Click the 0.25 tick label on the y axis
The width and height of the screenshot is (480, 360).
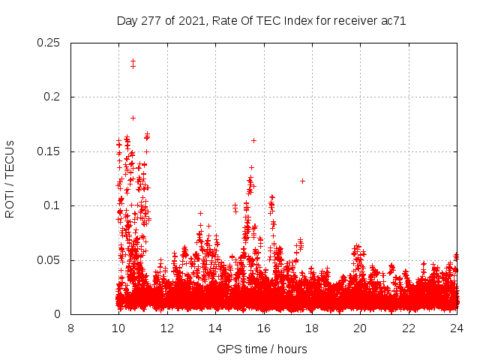49,43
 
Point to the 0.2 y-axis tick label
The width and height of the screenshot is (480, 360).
53,97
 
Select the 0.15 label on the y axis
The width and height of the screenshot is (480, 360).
49,151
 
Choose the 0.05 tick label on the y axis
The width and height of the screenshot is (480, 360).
49,260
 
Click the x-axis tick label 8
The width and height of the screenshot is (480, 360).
70,328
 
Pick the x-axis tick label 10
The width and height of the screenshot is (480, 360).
118,328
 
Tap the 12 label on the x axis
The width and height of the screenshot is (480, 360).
167,328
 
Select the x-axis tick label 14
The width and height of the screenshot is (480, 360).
215,328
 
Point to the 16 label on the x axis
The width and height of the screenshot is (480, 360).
264,328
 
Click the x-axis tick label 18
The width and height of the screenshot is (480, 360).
312,328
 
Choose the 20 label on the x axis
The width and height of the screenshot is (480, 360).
361,328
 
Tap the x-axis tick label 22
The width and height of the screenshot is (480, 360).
409,328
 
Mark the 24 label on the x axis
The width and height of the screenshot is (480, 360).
457,328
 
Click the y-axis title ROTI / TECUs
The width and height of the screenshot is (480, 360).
10,178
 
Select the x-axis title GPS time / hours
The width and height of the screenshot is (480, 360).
262,349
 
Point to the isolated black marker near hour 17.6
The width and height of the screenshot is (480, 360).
302,181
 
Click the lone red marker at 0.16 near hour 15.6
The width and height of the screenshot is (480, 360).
253,140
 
